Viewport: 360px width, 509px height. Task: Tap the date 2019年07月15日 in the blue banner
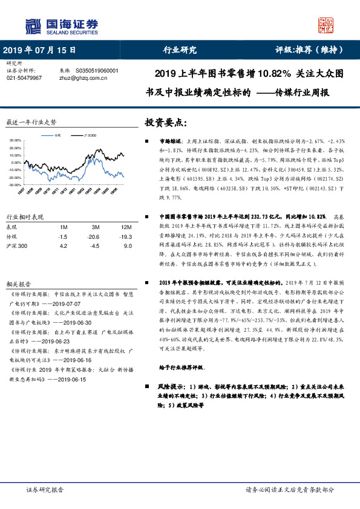point(40,50)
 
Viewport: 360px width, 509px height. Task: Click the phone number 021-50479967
point(24,78)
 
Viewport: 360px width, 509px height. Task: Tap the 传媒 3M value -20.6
point(93,236)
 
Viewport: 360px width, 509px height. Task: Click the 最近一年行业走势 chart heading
point(30,122)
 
